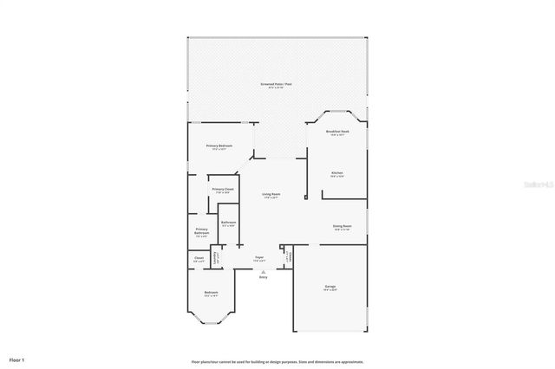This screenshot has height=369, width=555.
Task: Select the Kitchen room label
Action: coord(336,173)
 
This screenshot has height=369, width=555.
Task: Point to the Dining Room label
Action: coord(342,227)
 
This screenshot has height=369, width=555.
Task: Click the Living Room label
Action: coord(271,195)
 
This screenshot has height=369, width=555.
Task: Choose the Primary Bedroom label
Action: coord(219,146)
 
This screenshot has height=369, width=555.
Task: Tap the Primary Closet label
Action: coord(223,190)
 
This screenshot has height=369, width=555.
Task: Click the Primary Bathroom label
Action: coord(201,232)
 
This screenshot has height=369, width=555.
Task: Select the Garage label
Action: coord(330,286)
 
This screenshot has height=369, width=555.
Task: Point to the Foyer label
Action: coord(259,258)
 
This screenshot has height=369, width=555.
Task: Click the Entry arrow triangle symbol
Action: coord(263,271)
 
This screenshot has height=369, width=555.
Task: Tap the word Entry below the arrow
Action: coord(263,277)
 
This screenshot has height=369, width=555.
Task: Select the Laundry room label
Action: coord(218,258)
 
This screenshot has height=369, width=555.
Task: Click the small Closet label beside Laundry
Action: coord(199,258)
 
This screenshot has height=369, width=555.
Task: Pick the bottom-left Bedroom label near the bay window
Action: coord(211,294)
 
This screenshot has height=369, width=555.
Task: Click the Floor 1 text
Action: coord(17,359)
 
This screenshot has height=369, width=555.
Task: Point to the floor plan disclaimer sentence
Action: coord(277,361)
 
